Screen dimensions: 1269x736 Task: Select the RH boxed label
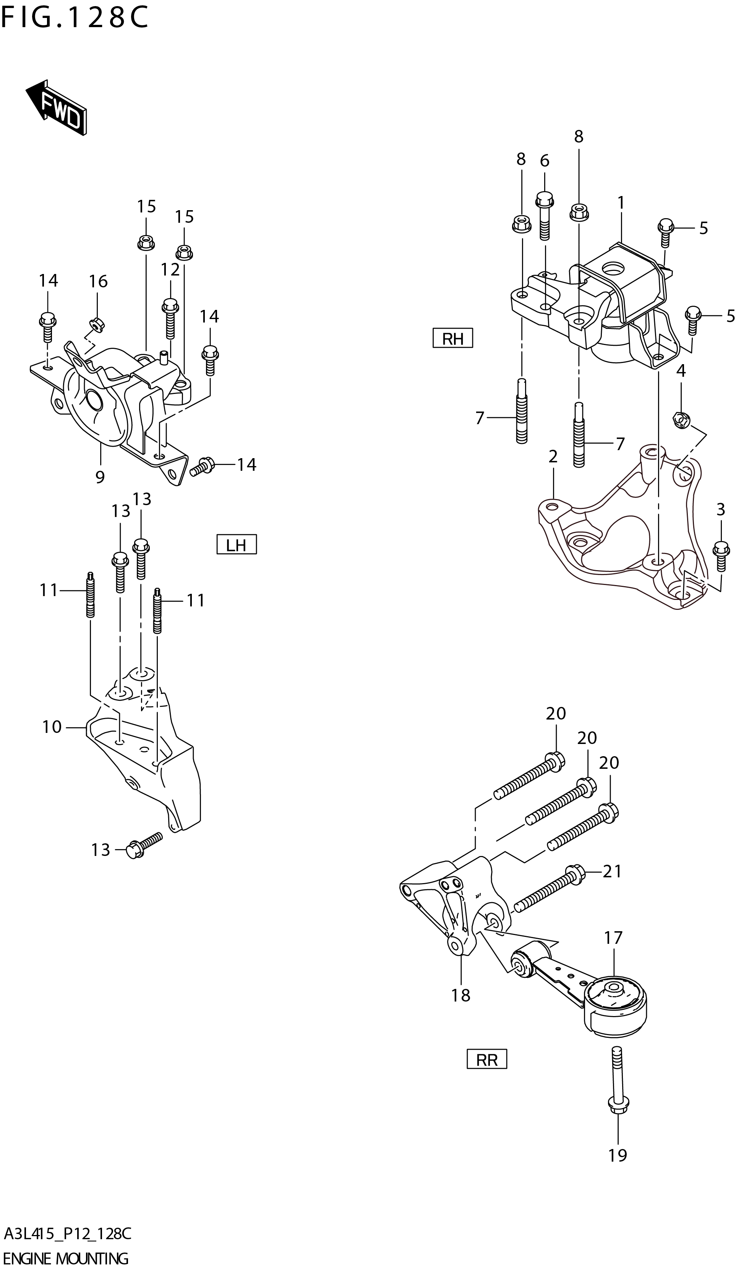coord(452,339)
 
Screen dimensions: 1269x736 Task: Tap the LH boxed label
coord(236,545)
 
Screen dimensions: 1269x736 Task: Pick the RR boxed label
coord(486,1060)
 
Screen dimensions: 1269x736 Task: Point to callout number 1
coord(621,203)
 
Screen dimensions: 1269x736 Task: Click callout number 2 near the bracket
coord(553,457)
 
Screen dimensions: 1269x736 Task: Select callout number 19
coord(618,1179)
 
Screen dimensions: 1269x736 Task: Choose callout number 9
coord(100,476)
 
